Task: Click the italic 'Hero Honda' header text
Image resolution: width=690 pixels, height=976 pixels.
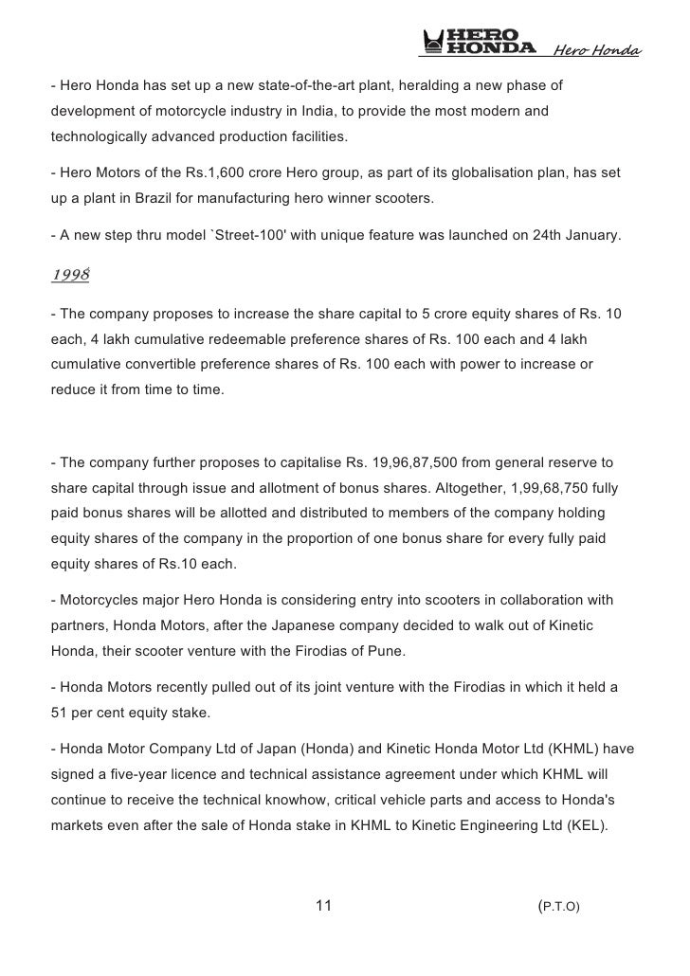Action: pyautogui.click(x=596, y=50)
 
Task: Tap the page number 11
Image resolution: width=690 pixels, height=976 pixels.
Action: pyautogui.click(x=323, y=906)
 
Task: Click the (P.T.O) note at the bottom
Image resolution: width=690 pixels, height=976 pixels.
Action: pyautogui.click(x=558, y=907)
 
